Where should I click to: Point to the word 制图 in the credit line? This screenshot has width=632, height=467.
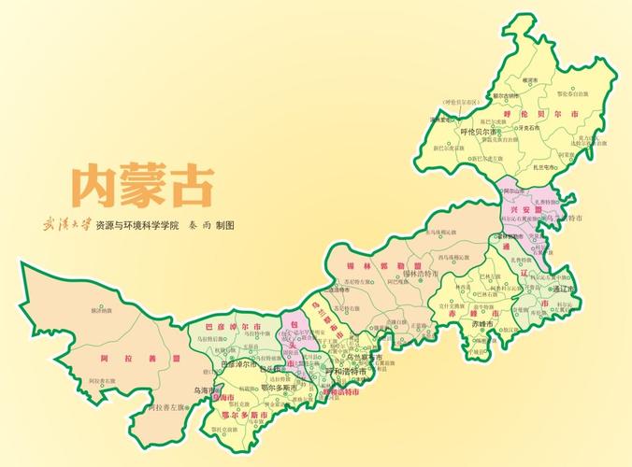click(223, 226)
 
